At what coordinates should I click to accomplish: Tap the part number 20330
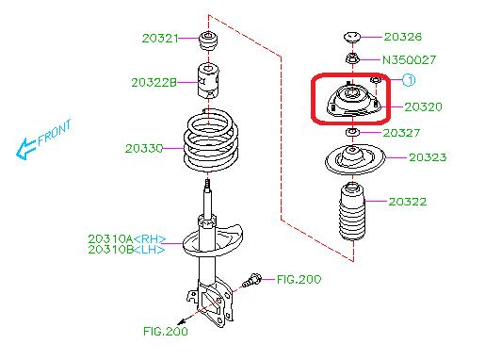(144, 148)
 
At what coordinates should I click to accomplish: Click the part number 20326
(403, 37)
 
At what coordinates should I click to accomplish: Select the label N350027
(408, 58)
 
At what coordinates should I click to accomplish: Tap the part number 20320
(424, 107)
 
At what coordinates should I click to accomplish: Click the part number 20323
(428, 158)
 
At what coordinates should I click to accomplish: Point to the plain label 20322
(408, 202)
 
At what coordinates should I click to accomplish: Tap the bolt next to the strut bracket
(253, 281)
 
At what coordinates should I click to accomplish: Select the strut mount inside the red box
(351, 102)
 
